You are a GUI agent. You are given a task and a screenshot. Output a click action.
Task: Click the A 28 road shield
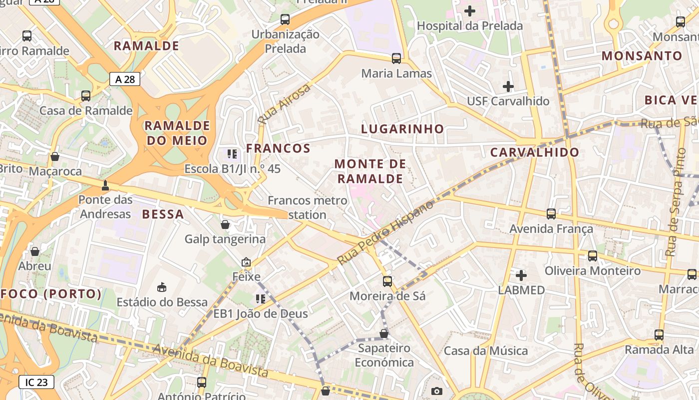(x=124, y=78)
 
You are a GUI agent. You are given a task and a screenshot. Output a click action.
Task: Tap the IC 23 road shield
(x=36, y=382)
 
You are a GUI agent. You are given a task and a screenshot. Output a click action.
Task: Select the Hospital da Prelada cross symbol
(x=470, y=10)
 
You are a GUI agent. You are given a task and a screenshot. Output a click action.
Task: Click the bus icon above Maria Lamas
(x=396, y=58)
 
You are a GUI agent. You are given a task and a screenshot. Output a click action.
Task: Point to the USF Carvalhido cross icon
(x=508, y=86)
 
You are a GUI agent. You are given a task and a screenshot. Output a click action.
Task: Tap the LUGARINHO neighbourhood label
(x=402, y=128)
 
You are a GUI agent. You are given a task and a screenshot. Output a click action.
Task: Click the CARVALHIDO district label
(x=535, y=152)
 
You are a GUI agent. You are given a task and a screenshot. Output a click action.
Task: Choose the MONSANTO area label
(x=642, y=55)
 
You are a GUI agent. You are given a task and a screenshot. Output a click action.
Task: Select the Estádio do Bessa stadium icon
(x=162, y=287)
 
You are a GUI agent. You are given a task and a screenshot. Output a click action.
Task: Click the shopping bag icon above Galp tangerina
(x=225, y=224)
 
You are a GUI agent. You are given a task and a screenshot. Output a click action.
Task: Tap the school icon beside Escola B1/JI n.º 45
(x=232, y=154)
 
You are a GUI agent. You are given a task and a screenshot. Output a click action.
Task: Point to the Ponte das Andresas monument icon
(x=105, y=185)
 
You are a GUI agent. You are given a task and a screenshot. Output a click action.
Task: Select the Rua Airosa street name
(x=284, y=104)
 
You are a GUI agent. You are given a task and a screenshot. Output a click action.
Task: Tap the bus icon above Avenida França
(x=551, y=214)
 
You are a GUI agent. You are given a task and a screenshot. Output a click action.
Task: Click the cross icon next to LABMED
(x=521, y=275)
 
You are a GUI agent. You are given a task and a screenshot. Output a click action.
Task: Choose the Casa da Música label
(x=486, y=351)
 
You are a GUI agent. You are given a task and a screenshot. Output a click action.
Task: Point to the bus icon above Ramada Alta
(x=659, y=335)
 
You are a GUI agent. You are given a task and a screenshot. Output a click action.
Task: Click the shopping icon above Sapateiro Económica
(x=384, y=333)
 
